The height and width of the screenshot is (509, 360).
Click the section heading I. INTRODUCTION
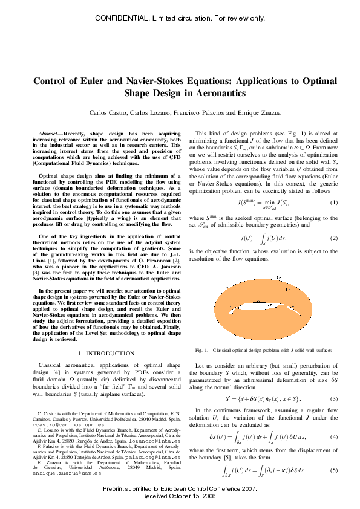(x=106, y=353)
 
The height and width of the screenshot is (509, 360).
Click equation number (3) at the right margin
(x=333, y=400)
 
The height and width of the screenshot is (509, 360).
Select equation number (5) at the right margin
(x=333, y=470)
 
